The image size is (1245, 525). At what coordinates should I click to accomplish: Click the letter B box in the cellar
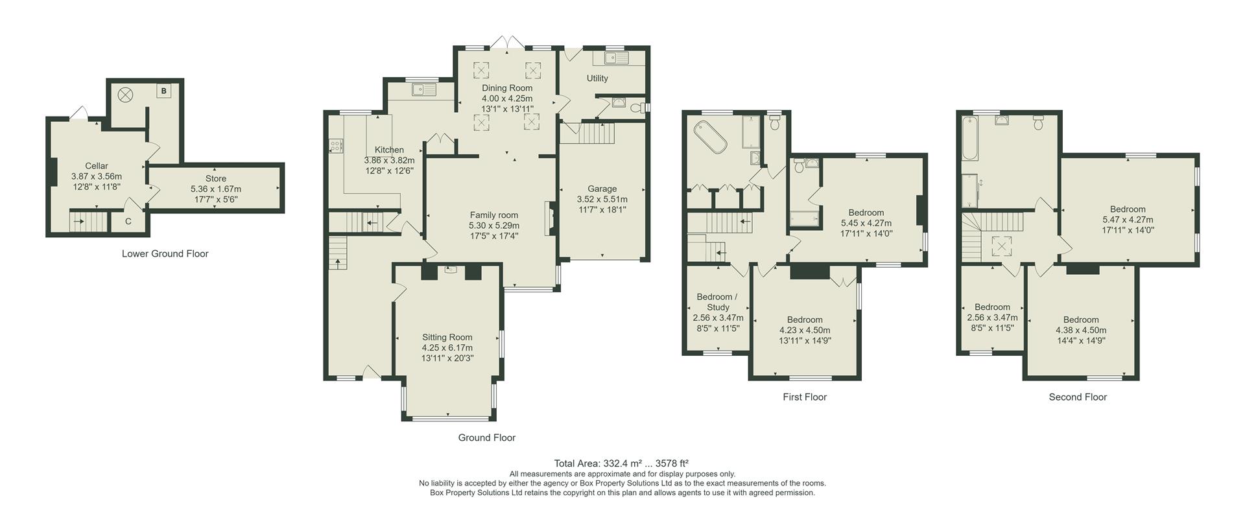click(164, 91)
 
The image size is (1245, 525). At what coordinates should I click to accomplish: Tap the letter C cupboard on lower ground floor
click(128, 222)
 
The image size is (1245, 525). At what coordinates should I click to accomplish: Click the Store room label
click(216, 178)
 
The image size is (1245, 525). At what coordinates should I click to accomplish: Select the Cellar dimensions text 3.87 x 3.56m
click(97, 176)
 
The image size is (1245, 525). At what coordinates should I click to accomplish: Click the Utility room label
click(597, 78)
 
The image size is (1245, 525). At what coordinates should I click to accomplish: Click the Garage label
click(602, 189)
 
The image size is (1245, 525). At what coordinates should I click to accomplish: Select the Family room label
click(494, 215)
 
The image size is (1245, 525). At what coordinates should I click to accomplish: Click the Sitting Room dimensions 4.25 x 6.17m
click(447, 348)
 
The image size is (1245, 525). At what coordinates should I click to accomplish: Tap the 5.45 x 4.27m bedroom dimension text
click(866, 223)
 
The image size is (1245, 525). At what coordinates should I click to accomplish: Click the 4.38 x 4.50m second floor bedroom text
click(1081, 330)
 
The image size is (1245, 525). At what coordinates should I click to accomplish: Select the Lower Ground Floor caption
click(165, 254)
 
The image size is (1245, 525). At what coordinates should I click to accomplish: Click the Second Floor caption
click(1078, 397)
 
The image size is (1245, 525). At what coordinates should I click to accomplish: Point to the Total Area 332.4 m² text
click(621, 463)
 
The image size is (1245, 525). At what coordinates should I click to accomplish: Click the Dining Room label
click(507, 88)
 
